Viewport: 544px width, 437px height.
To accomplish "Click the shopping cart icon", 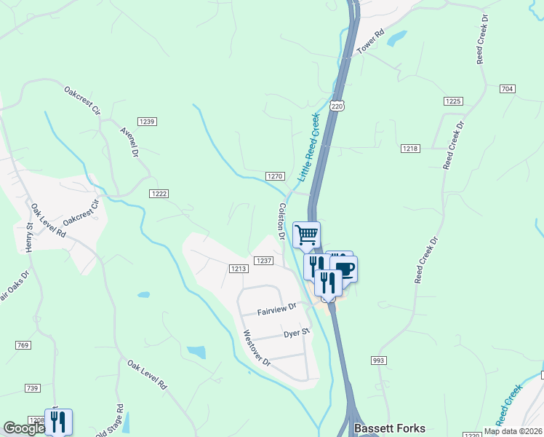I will click(x=307, y=235).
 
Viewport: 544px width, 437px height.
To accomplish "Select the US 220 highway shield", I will click(x=336, y=106).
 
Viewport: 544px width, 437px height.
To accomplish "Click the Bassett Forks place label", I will click(x=389, y=428).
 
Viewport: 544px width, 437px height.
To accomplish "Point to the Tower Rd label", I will click(x=370, y=42).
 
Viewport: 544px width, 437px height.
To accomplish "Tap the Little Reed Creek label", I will click(x=309, y=147).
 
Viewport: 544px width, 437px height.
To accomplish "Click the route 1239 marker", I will click(x=148, y=121).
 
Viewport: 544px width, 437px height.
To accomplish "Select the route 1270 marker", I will click(x=274, y=176).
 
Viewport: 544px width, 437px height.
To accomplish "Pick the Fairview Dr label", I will click(x=277, y=310).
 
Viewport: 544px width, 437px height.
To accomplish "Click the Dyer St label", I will click(x=297, y=333).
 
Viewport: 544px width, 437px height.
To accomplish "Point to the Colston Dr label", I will click(x=281, y=221).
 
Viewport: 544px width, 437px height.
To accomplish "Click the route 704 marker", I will click(x=508, y=89).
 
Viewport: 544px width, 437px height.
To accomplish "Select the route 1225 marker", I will click(x=452, y=101).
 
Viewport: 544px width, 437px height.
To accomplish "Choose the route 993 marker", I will click(x=379, y=361).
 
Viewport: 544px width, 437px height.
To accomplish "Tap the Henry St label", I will click(x=29, y=238).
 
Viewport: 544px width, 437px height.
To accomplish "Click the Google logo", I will click(x=25, y=428).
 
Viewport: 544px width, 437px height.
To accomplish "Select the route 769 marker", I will click(x=23, y=344).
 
